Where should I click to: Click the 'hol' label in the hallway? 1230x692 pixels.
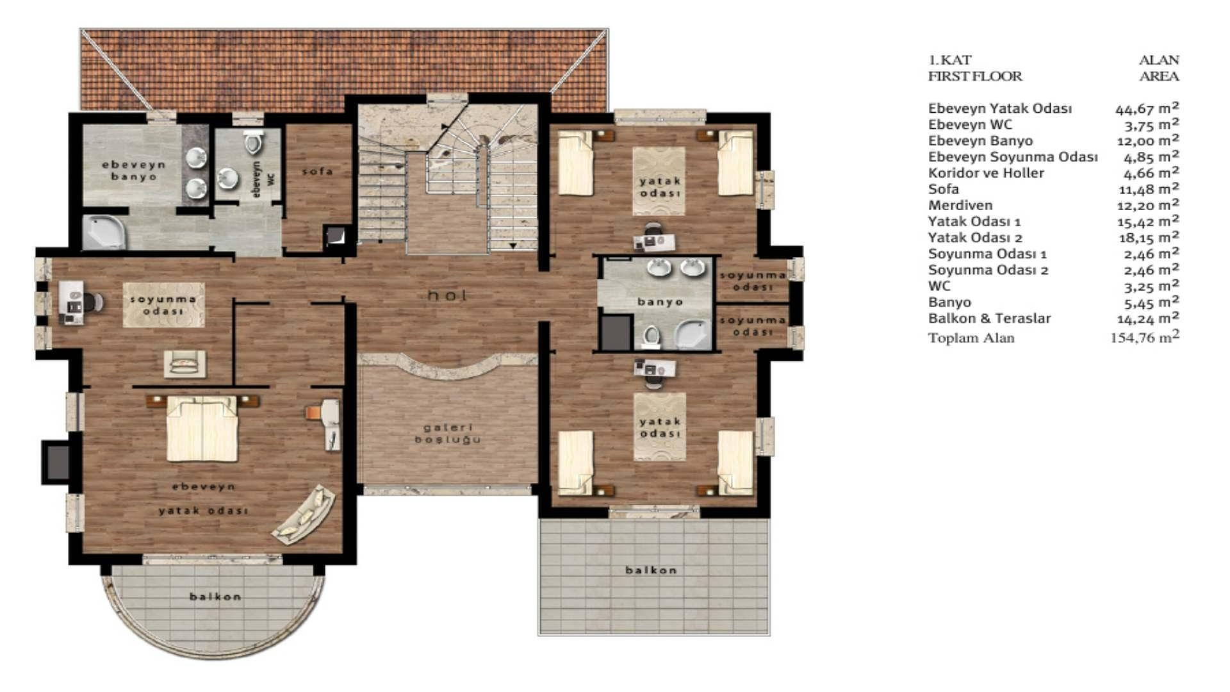[x=447, y=295]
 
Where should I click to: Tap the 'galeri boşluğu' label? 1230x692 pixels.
[x=448, y=433]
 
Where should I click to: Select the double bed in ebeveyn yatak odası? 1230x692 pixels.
[x=201, y=428]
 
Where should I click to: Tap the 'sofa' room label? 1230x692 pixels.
[x=317, y=171]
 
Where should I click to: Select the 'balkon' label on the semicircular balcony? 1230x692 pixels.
[x=215, y=597]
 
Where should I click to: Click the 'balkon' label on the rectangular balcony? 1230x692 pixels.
[x=651, y=570]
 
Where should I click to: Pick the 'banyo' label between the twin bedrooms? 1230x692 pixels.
[x=660, y=302]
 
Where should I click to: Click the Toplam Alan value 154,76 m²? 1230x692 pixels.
[x=1144, y=337]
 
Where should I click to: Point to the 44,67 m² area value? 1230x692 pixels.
[x=1147, y=108]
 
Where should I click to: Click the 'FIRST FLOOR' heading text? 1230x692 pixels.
[x=975, y=76]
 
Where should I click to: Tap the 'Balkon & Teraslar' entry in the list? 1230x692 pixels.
[x=989, y=318]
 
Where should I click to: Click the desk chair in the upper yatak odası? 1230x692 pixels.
[x=652, y=229]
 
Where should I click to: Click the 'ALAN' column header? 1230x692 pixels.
[x=1158, y=60]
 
